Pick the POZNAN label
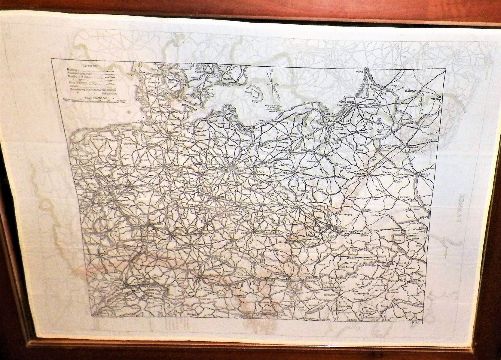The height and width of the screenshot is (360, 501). tap(285, 173)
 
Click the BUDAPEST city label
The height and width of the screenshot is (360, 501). tap(331, 295)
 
